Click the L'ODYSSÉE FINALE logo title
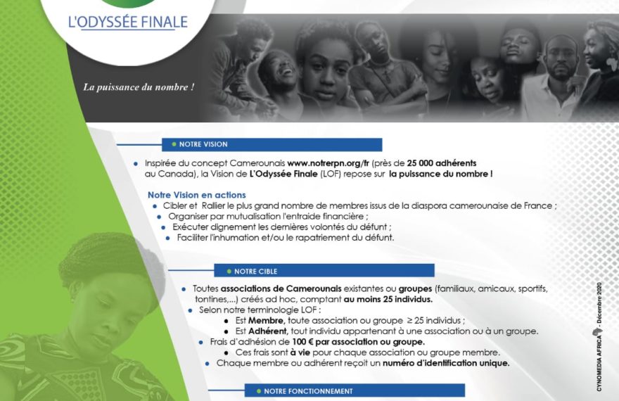point(128,22)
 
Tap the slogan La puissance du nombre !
point(139,87)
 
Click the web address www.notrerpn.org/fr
point(328,163)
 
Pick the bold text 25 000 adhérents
point(442,163)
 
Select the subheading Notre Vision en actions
point(196,195)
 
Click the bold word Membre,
point(266,321)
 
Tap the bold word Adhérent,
point(268,331)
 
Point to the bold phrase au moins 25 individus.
point(388,299)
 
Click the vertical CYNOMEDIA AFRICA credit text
point(599,337)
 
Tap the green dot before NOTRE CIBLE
point(229,272)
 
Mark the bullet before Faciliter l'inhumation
point(168,238)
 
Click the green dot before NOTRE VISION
point(174,144)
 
